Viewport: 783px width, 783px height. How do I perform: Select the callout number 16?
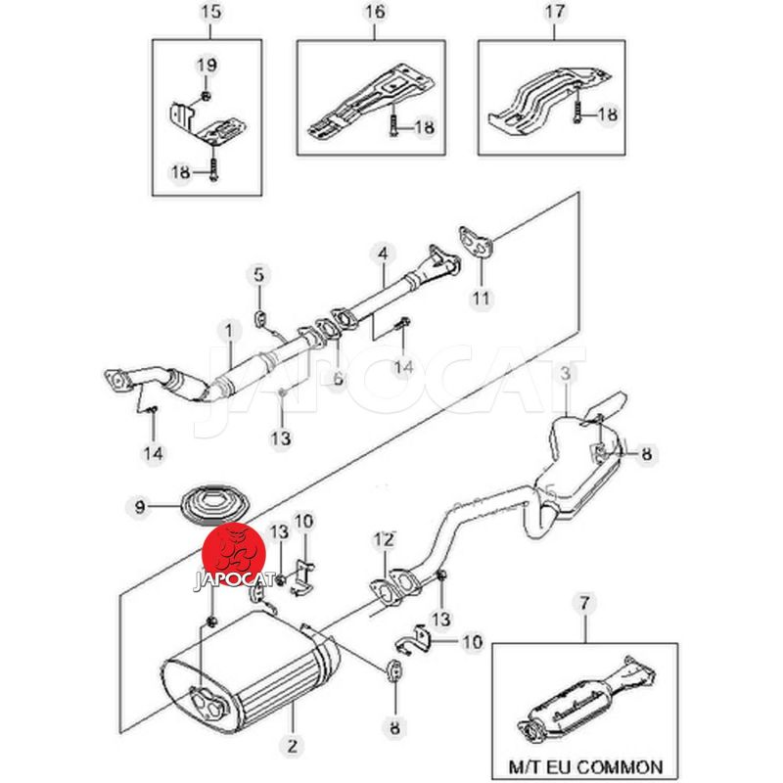point(377,13)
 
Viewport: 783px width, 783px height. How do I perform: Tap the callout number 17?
point(553,13)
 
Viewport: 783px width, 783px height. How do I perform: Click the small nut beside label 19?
point(205,95)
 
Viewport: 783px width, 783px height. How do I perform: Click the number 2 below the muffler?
point(291,747)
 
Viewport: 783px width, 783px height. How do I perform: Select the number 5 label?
point(258,274)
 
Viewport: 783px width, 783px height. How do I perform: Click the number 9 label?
point(139,506)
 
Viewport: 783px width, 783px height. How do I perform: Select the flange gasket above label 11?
point(475,240)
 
